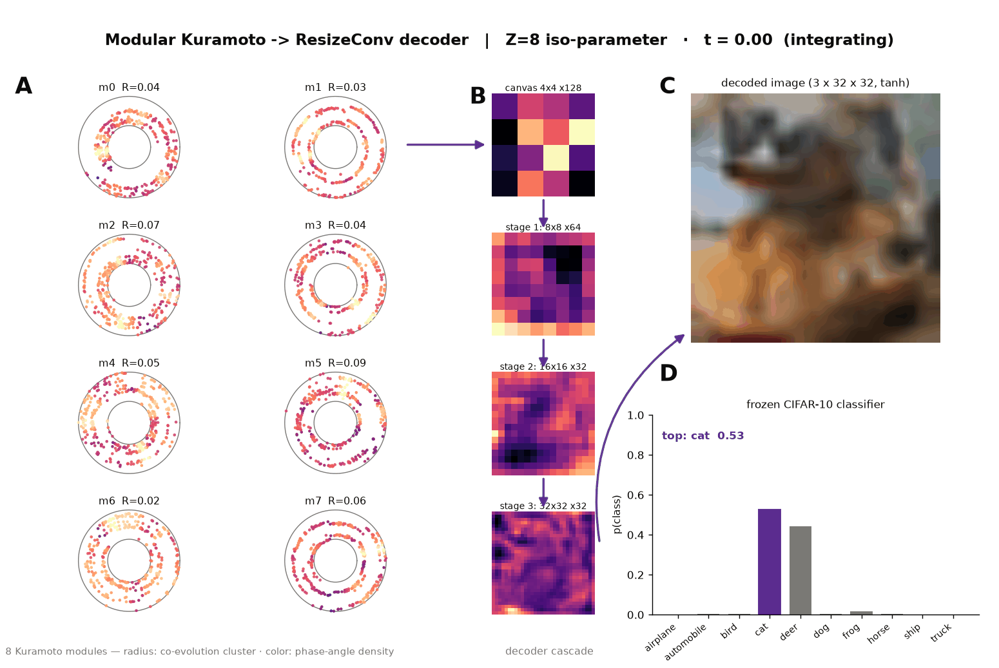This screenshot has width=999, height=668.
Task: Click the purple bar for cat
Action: click(770, 562)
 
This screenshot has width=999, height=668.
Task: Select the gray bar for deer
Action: click(800, 570)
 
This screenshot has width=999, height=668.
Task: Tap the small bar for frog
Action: click(861, 613)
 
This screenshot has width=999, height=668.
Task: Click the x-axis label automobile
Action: click(686, 642)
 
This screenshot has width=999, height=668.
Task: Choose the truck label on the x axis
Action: click(941, 633)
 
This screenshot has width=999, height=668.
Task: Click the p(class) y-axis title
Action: click(617, 514)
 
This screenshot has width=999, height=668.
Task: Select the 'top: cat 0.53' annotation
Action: click(703, 435)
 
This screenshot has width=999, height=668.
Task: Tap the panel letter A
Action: click(24, 86)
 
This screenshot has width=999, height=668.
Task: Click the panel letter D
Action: click(668, 373)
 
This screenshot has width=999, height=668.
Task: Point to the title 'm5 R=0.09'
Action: click(335, 363)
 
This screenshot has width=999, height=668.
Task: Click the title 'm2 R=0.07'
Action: click(129, 225)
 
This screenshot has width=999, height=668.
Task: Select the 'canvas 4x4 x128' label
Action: click(543, 88)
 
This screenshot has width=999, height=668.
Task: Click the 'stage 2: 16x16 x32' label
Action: click(543, 367)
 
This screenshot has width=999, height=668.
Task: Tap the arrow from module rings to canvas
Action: click(445, 144)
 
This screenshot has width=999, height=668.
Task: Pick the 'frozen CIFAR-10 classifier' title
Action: click(815, 404)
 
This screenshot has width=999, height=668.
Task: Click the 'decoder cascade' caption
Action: click(549, 651)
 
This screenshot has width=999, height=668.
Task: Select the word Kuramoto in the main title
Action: click(224, 40)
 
